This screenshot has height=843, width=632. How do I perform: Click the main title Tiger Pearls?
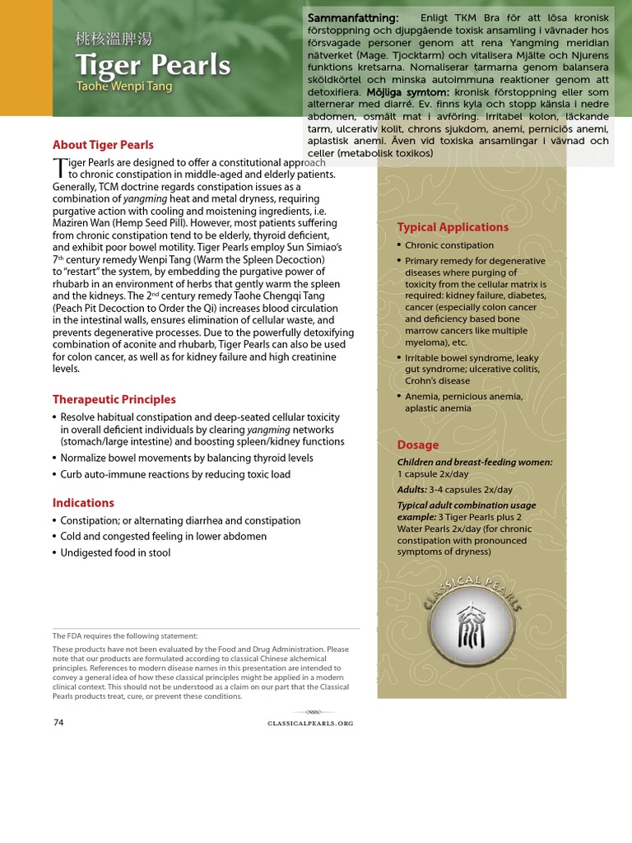[152, 65]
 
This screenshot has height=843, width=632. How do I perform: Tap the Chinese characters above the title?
[114, 40]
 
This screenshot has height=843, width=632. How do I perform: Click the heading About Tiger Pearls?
[103, 145]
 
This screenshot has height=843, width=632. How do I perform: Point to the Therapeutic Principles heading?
[114, 399]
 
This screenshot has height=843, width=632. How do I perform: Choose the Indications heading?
[83, 503]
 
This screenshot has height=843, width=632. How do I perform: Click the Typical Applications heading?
[453, 227]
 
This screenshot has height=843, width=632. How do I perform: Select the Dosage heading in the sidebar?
[418, 445]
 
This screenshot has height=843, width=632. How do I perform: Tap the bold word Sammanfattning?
[353, 18]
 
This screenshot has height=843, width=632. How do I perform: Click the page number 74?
[58, 723]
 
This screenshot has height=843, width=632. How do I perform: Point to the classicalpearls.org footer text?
[310, 724]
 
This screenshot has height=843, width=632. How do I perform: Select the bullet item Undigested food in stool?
[115, 553]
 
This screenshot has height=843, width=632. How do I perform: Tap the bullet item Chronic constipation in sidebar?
[449, 245]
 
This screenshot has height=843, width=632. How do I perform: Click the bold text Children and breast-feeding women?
[475, 463]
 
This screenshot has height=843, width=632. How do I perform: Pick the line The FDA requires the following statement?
[125, 636]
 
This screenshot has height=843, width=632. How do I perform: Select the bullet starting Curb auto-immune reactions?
[174, 475]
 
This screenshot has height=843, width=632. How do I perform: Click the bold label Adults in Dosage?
[411, 490]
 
